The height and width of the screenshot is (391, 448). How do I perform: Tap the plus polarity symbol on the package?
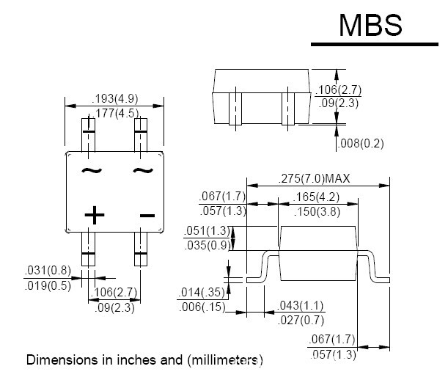[x=94, y=215]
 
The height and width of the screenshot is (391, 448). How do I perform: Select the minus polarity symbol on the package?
[x=147, y=215]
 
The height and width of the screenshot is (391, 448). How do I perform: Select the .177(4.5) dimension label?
[x=115, y=112]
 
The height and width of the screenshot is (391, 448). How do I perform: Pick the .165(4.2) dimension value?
[x=317, y=197]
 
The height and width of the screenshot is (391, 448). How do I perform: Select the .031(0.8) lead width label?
[x=48, y=271]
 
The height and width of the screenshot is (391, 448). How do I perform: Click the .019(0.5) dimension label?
[x=48, y=285]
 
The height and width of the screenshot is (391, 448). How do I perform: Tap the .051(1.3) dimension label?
[x=205, y=231]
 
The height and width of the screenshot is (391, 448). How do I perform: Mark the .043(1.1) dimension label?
[x=301, y=304]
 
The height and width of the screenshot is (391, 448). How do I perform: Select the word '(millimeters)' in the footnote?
[x=224, y=360]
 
